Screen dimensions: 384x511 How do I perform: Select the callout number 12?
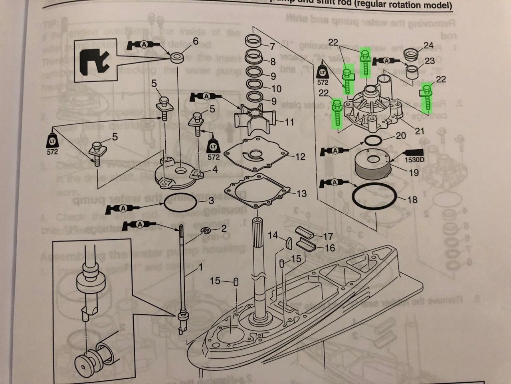point(300,157)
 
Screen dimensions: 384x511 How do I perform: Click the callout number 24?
point(428,45)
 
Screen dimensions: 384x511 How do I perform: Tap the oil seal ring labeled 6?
point(175,57)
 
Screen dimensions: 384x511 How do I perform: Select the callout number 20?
point(400,136)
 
